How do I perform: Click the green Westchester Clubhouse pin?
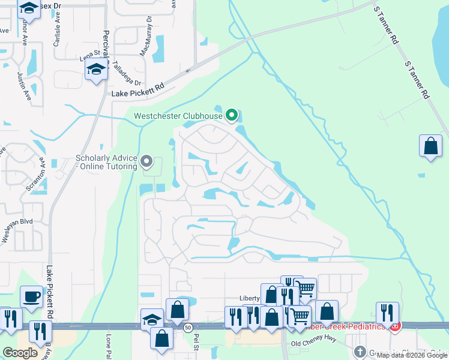(x=232, y=115)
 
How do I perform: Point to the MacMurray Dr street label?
(x=146, y=41)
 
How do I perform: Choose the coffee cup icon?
(x=31, y=296)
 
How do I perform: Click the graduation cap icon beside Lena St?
(x=96, y=70)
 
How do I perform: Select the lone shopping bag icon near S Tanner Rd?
(x=431, y=146)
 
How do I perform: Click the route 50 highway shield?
(x=188, y=328)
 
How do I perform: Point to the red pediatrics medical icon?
(x=395, y=327)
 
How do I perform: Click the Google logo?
(x=20, y=353)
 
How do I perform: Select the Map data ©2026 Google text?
(x=412, y=355)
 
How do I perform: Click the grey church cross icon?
(x=360, y=351)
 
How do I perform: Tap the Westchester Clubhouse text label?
(x=178, y=116)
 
